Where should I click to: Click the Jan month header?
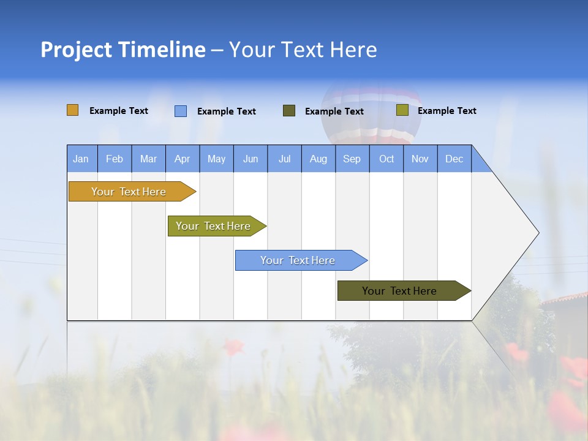81,159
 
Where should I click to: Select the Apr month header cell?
183,159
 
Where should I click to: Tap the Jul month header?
284,159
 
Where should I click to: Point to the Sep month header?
352,159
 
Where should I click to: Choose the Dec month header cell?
454,159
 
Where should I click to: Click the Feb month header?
115,159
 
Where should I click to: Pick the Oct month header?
386,159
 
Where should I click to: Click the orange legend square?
73,110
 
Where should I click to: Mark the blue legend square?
181,111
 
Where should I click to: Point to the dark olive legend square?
289,111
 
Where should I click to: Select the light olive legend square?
402,110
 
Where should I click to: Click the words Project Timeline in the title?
123,50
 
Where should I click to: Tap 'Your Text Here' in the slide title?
303,50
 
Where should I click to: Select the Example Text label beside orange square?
119,111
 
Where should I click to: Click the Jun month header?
251,159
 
